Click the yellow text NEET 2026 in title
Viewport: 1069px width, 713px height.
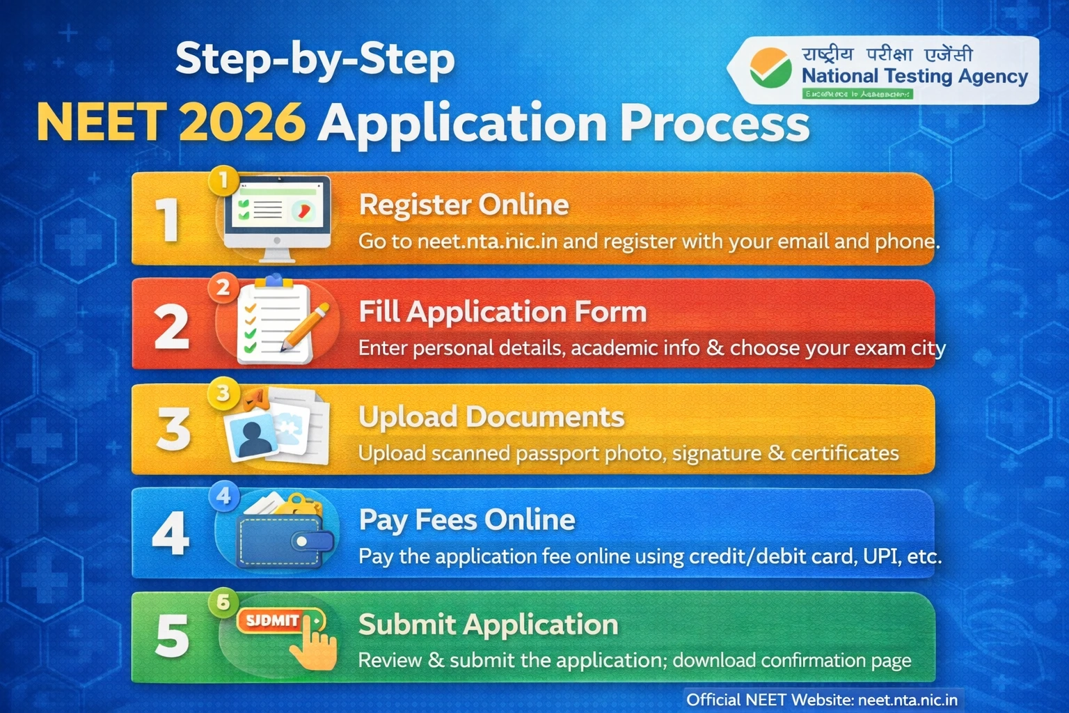point(171,123)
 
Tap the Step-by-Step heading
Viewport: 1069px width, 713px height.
point(315,60)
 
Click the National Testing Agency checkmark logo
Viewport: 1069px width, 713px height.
point(770,68)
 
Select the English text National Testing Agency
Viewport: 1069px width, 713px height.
point(914,76)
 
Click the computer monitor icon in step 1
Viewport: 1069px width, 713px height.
point(277,217)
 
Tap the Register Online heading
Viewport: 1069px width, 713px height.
point(464,205)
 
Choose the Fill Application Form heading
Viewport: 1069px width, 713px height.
point(502,312)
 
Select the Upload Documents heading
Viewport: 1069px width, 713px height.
point(491,416)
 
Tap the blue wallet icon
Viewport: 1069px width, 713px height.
point(284,536)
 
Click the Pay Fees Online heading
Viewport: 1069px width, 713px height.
point(467,520)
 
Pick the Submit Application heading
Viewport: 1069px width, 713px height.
point(488,625)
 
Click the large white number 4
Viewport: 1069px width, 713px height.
point(171,534)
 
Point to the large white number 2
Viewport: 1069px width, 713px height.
point(171,327)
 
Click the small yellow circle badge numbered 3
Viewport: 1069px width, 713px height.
point(223,393)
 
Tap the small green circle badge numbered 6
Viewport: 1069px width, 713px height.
point(223,602)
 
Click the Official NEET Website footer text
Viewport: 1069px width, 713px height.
point(822,699)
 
